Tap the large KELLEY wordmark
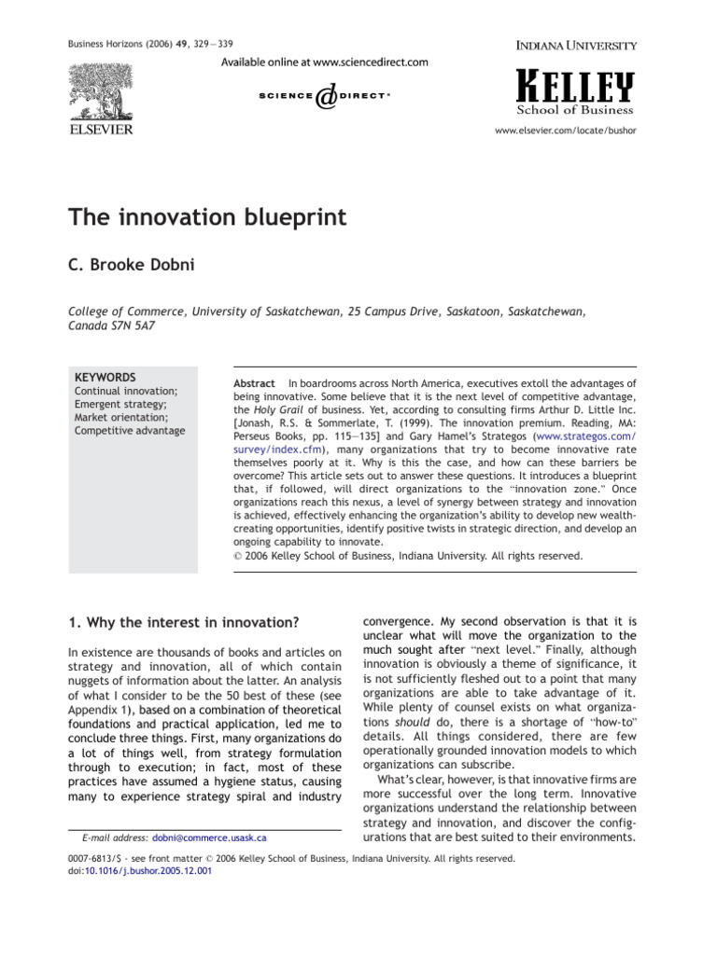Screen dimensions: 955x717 click(575, 88)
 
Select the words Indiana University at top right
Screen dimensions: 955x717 click(577, 45)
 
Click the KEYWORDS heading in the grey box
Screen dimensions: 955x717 click(105, 377)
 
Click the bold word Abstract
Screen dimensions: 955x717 click(254, 383)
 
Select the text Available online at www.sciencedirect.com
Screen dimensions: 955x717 click(325, 62)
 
